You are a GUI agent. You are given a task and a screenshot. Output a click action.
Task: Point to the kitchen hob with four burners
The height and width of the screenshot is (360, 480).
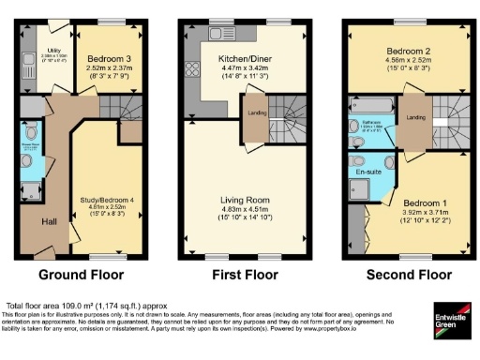(194, 67)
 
